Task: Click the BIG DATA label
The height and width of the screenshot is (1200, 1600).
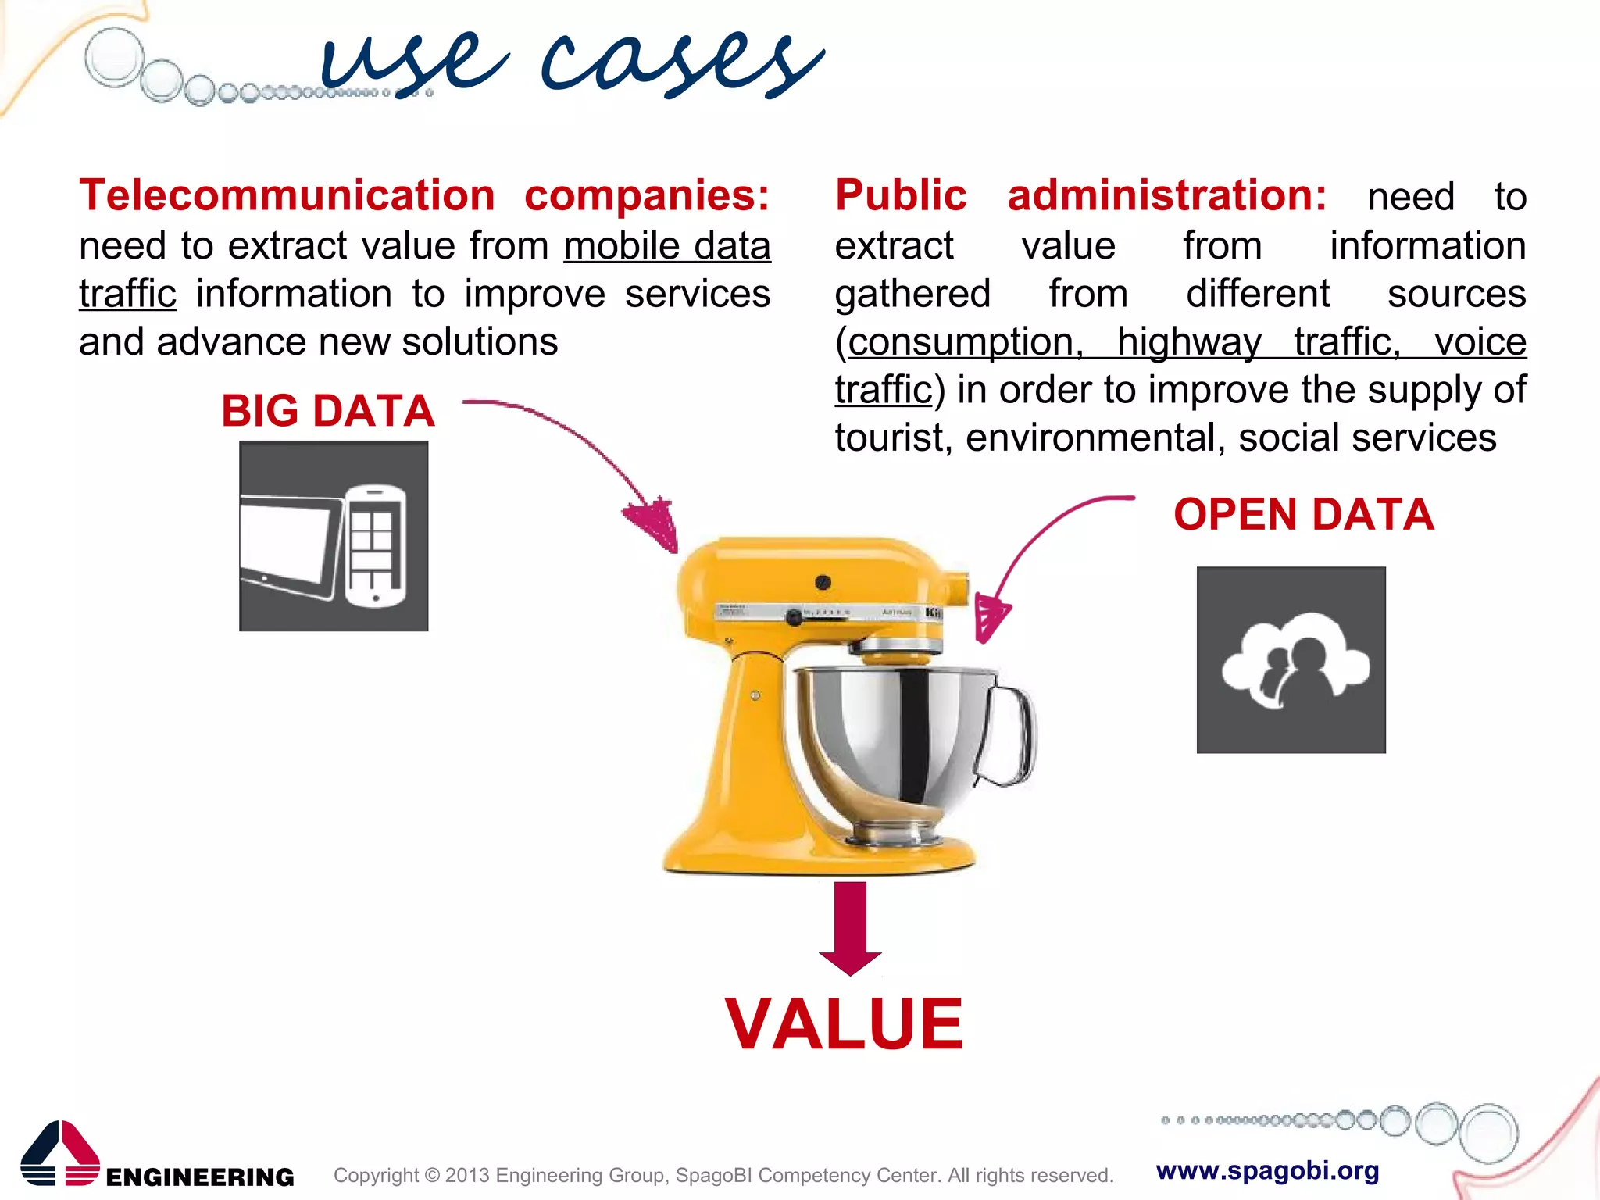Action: click(327, 411)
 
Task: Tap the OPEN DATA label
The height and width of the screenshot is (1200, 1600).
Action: click(1303, 515)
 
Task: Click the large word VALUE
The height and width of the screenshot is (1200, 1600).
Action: click(844, 1024)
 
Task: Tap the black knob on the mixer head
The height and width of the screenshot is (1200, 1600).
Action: click(823, 582)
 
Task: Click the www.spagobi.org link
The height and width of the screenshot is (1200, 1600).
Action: click(1267, 1170)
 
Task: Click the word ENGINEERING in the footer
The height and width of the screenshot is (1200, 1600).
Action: click(200, 1177)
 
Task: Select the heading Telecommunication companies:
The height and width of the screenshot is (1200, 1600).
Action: click(424, 195)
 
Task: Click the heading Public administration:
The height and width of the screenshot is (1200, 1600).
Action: click(1080, 195)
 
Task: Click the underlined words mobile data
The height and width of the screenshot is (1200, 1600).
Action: click(666, 246)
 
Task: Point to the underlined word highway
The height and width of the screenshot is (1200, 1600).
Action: click(1189, 342)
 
